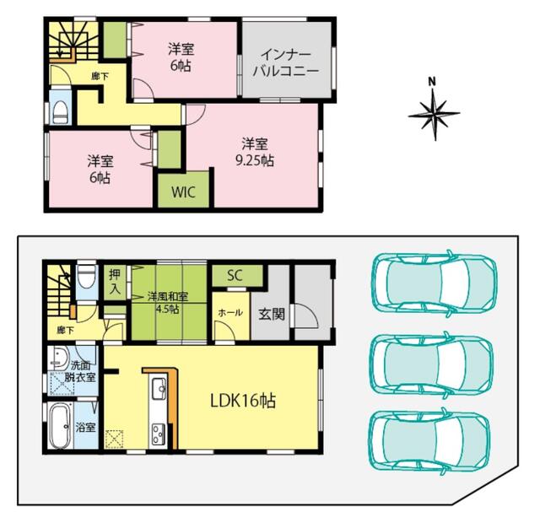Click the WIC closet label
[183, 192]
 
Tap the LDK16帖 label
[243, 401]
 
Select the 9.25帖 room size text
[255, 161]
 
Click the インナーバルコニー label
[286, 62]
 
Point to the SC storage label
[235, 275]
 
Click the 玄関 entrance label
[272, 314]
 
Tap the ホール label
[230, 313]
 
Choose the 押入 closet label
[115, 282]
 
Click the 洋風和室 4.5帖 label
[168, 302]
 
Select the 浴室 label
[85, 428]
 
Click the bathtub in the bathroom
[61, 425]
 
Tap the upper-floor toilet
[60, 108]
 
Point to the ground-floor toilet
[86, 276]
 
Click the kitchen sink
[159, 389]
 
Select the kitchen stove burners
[159, 434]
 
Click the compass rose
[434, 114]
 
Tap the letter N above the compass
[431, 82]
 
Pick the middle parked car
[431, 365]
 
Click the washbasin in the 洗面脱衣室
[59, 359]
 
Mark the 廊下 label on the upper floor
[100, 77]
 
